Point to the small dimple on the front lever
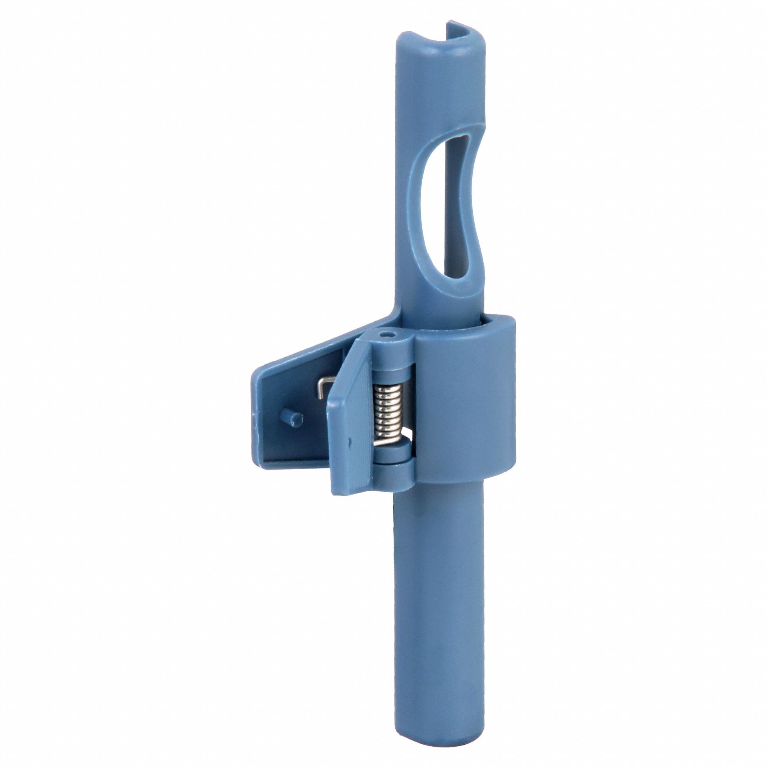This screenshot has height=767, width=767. click(x=349, y=441)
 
